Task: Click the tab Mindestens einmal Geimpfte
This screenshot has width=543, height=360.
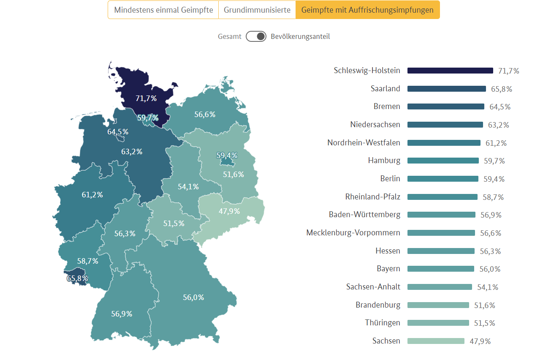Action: click(x=163, y=10)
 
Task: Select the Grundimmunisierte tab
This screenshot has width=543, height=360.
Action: click(x=257, y=10)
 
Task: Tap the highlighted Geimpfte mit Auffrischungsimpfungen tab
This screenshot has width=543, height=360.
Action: click(x=367, y=10)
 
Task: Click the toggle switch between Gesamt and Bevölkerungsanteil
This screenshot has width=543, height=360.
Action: click(x=256, y=36)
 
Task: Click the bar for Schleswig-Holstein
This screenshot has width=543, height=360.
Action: click(x=450, y=71)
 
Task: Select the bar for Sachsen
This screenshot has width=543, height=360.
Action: click(x=436, y=341)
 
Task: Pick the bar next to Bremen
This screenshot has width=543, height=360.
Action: click(x=445, y=106)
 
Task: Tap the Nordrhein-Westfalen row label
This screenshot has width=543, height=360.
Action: click(x=364, y=143)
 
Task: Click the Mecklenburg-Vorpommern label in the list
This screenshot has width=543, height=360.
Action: click(x=353, y=233)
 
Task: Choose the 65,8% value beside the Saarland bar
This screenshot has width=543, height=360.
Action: click(x=501, y=89)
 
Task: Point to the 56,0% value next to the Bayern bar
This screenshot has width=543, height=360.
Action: click(x=489, y=269)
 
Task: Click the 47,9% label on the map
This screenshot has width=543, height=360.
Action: click(x=229, y=211)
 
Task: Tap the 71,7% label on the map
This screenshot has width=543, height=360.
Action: click(x=146, y=98)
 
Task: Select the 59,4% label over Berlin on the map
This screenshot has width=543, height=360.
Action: click(x=227, y=155)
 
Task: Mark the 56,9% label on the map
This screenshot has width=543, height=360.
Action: click(x=122, y=314)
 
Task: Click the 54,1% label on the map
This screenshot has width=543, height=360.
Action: click(x=188, y=186)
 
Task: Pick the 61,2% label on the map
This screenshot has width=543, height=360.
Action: click(x=92, y=195)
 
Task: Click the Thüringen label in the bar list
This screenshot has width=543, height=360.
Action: click(x=383, y=323)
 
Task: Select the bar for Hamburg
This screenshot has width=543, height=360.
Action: click(x=443, y=161)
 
